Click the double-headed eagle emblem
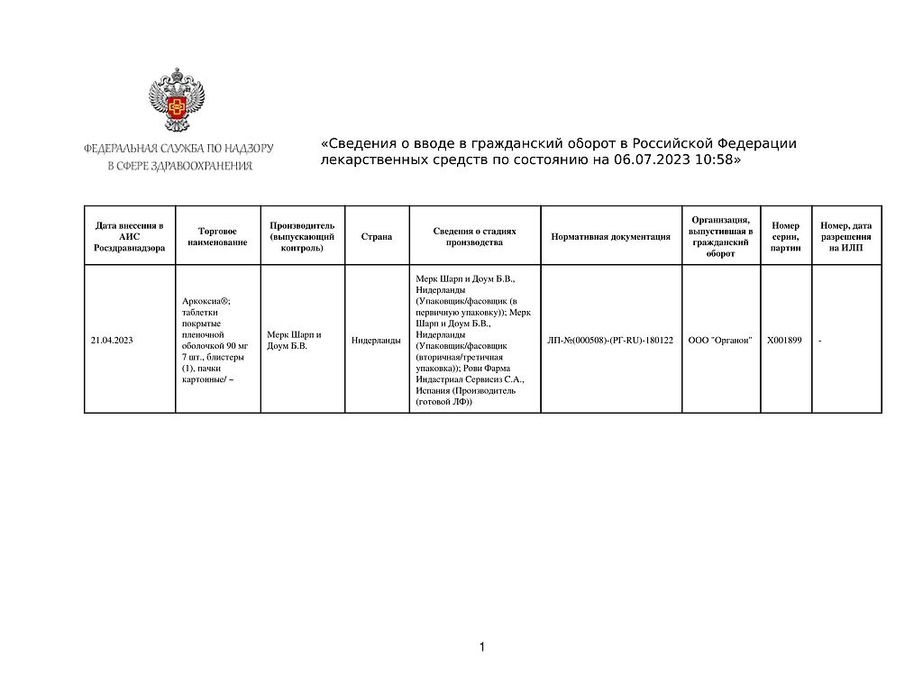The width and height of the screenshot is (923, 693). [177, 99]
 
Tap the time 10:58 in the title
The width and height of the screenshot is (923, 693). [713, 160]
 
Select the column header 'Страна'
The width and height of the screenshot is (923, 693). [377, 236]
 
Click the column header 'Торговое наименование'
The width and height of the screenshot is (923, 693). [217, 236]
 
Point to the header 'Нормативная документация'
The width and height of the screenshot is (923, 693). [610, 236]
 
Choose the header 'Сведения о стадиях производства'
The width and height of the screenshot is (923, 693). [474, 236]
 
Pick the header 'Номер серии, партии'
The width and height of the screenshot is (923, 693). [786, 236]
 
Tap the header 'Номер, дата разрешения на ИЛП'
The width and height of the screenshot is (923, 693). [846, 236]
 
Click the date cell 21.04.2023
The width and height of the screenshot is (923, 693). [112, 340]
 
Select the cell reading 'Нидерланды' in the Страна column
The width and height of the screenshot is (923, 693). [376, 340]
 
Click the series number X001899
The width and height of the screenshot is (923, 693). [784, 340]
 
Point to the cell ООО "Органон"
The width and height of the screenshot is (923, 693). [720, 340]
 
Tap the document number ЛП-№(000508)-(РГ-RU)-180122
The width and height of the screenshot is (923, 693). [610, 340]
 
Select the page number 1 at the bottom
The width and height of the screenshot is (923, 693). [482, 647]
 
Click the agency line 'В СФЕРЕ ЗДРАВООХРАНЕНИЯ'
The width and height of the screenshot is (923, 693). [179, 166]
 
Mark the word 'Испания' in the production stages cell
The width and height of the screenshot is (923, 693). [432, 391]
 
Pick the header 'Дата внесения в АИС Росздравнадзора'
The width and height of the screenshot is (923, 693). [130, 236]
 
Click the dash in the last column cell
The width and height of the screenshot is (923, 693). [820, 341]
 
